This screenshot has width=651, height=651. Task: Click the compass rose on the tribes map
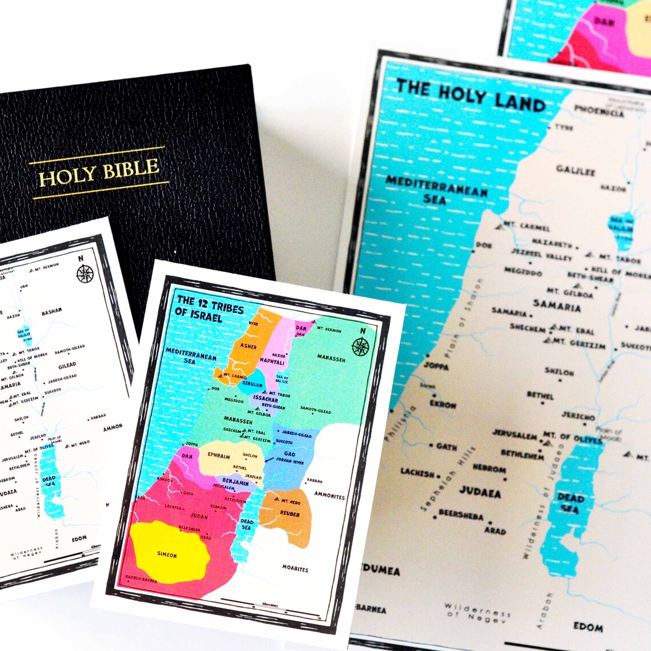point(360,346)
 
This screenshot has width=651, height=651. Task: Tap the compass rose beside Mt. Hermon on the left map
point(85,274)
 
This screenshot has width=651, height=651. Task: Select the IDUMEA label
point(379,570)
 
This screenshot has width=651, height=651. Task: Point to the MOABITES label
point(295,569)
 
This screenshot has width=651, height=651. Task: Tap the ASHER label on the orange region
point(248,346)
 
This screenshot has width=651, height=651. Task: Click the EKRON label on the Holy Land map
point(443,405)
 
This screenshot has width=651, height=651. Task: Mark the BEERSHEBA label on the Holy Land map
point(460,515)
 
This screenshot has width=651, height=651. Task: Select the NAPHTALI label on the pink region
point(272,361)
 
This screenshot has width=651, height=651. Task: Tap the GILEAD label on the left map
point(67,365)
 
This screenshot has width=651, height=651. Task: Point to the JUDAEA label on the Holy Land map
point(480,492)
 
